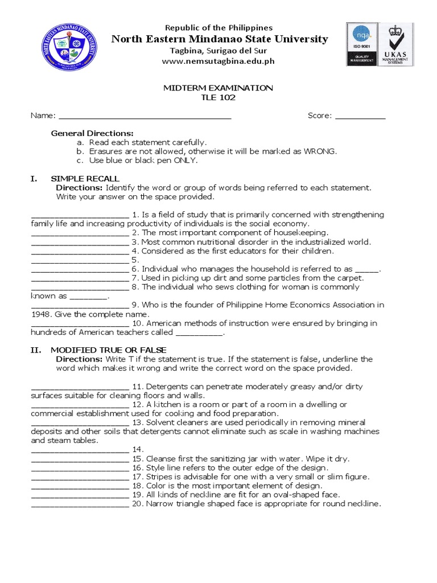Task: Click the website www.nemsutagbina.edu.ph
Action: coord(218,61)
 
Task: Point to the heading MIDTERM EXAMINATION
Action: coord(218,88)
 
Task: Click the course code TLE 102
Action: coord(218,97)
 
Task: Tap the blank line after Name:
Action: coord(145,117)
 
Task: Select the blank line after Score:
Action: coord(360,117)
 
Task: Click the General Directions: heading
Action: coord(92,133)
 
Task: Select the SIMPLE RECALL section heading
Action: coord(85,179)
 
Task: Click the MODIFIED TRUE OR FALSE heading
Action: coord(109,350)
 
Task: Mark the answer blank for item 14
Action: coord(79,450)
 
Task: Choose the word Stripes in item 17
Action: coord(159,477)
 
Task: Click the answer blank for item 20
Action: coord(79,505)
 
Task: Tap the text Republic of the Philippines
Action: coord(218,27)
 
